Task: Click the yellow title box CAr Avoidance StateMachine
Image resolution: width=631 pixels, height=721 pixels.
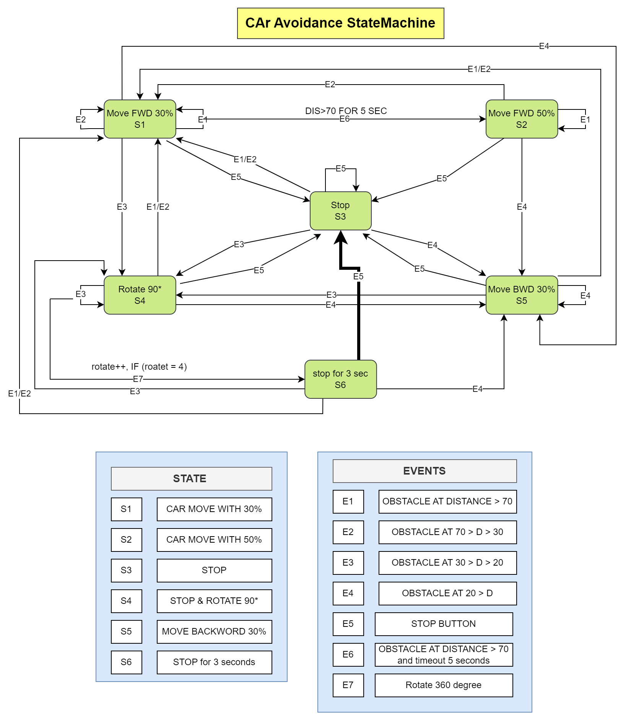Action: click(340, 23)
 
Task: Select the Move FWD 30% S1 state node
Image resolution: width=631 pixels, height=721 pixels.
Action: click(140, 119)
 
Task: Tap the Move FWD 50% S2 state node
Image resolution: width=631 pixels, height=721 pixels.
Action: click(522, 119)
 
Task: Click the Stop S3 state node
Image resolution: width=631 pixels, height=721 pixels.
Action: click(340, 211)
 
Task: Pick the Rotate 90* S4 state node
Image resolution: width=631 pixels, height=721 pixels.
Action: click(140, 295)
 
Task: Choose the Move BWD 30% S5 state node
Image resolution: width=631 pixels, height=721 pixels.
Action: click(522, 295)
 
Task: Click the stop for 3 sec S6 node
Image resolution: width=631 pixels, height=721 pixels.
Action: click(340, 379)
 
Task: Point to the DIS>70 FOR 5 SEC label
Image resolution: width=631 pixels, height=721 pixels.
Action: click(346, 111)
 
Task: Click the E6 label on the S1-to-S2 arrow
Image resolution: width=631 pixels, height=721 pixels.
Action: click(345, 119)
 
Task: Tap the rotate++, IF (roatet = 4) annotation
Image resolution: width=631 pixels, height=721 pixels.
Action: click(139, 367)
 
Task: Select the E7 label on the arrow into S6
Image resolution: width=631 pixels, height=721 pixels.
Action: click(138, 379)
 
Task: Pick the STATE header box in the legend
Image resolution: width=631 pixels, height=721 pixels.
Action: click(191, 478)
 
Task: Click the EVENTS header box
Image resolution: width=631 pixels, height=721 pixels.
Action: click(424, 471)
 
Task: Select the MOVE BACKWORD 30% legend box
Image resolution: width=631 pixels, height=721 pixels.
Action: click(214, 631)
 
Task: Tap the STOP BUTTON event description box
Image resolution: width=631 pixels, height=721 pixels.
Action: click(444, 624)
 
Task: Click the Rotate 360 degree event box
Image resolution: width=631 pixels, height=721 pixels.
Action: click(444, 685)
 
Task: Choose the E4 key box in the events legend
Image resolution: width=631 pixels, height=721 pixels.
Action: click(348, 593)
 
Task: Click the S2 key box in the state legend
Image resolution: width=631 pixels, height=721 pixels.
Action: click(126, 540)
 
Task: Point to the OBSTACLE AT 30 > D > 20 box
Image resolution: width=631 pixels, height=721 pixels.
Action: click(447, 563)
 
